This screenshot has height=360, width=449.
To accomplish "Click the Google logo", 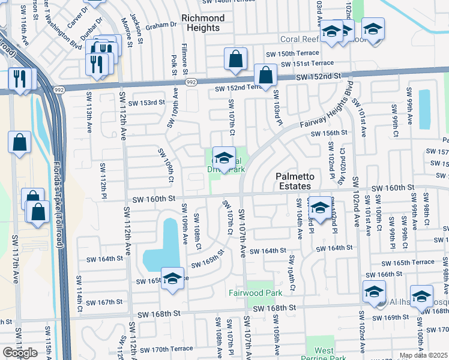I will (x=20, y=353).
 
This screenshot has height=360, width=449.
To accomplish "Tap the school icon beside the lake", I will (x=172, y=278).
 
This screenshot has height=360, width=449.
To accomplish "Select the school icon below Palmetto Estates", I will (x=320, y=208).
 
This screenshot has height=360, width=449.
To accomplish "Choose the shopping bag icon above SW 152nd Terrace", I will (x=236, y=59).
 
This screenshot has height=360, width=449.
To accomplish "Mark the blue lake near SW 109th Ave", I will (x=162, y=246).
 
